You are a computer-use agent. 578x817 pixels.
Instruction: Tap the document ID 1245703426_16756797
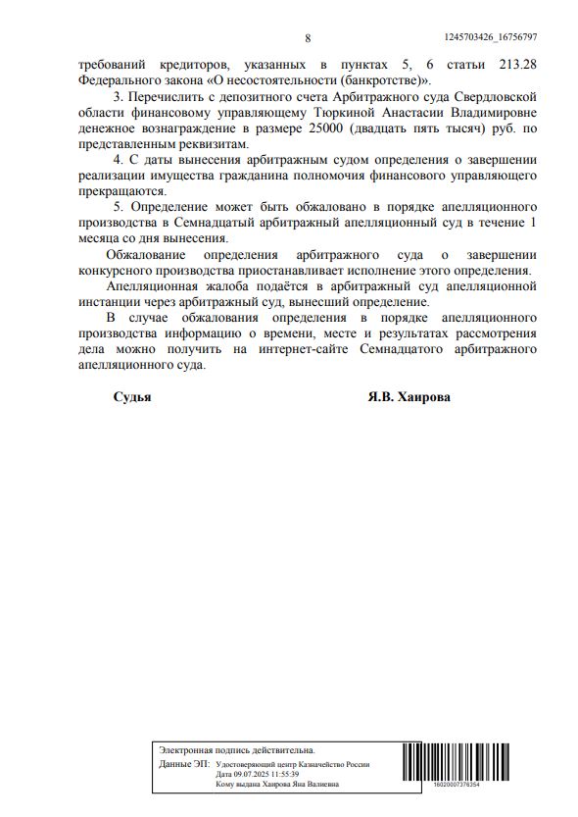(490, 37)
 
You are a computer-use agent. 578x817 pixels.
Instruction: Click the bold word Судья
(131, 399)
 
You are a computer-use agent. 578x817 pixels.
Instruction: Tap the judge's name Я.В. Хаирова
(410, 399)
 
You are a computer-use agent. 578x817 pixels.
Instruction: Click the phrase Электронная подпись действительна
(237, 749)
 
